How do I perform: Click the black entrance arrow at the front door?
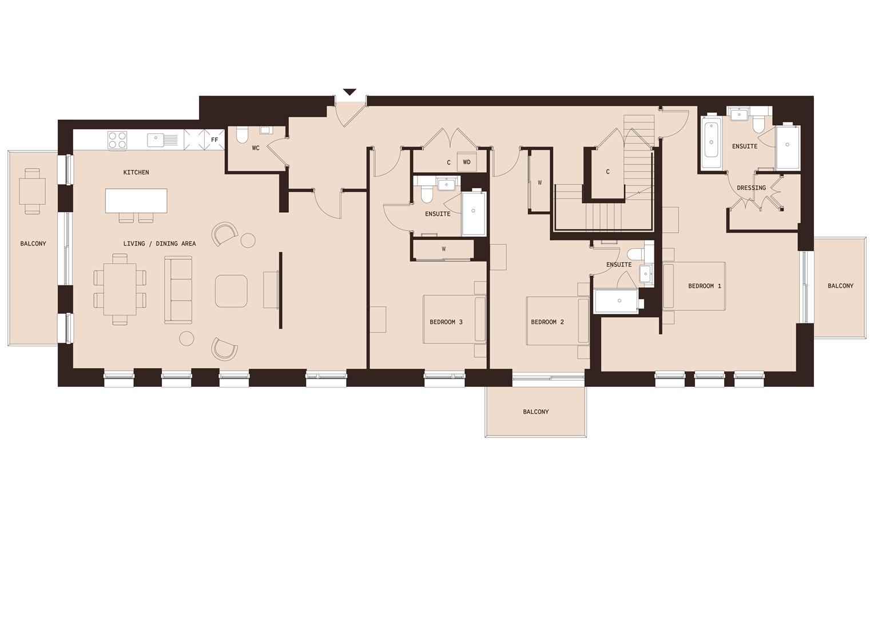point(349,92)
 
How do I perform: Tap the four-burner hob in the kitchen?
point(118,140)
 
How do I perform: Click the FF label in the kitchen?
point(214,140)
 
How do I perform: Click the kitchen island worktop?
point(136,200)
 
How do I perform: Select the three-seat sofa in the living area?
point(178,289)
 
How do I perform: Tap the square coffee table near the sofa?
point(231,291)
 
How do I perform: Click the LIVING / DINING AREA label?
point(160,244)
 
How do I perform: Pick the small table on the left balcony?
point(31,191)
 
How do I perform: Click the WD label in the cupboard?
point(467,163)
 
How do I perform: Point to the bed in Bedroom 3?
point(454,319)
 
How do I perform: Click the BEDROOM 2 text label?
point(547,322)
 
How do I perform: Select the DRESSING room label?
point(751,188)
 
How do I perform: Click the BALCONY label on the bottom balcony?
point(535,412)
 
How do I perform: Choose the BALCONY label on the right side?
point(840,286)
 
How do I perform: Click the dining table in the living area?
point(120,289)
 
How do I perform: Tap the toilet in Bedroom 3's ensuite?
point(426,196)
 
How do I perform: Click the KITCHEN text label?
point(136,172)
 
